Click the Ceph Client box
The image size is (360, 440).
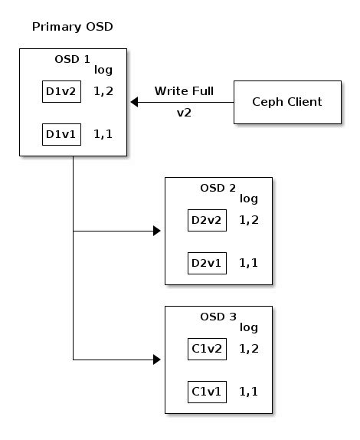tap(287, 102)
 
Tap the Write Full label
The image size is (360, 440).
tap(184, 91)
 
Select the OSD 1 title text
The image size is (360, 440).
tap(73, 59)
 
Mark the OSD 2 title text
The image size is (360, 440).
tap(218, 188)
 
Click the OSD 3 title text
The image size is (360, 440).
tap(218, 317)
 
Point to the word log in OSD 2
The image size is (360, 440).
tap(249, 199)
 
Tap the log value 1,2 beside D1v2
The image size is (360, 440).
tap(103, 92)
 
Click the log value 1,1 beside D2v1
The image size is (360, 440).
tap(249, 264)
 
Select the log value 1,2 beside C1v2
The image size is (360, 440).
tap(249, 350)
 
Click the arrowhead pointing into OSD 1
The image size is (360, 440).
tap(133, 102)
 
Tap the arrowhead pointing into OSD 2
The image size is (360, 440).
tap(158, 231)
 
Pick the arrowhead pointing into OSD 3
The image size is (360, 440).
tap(158, 359)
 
